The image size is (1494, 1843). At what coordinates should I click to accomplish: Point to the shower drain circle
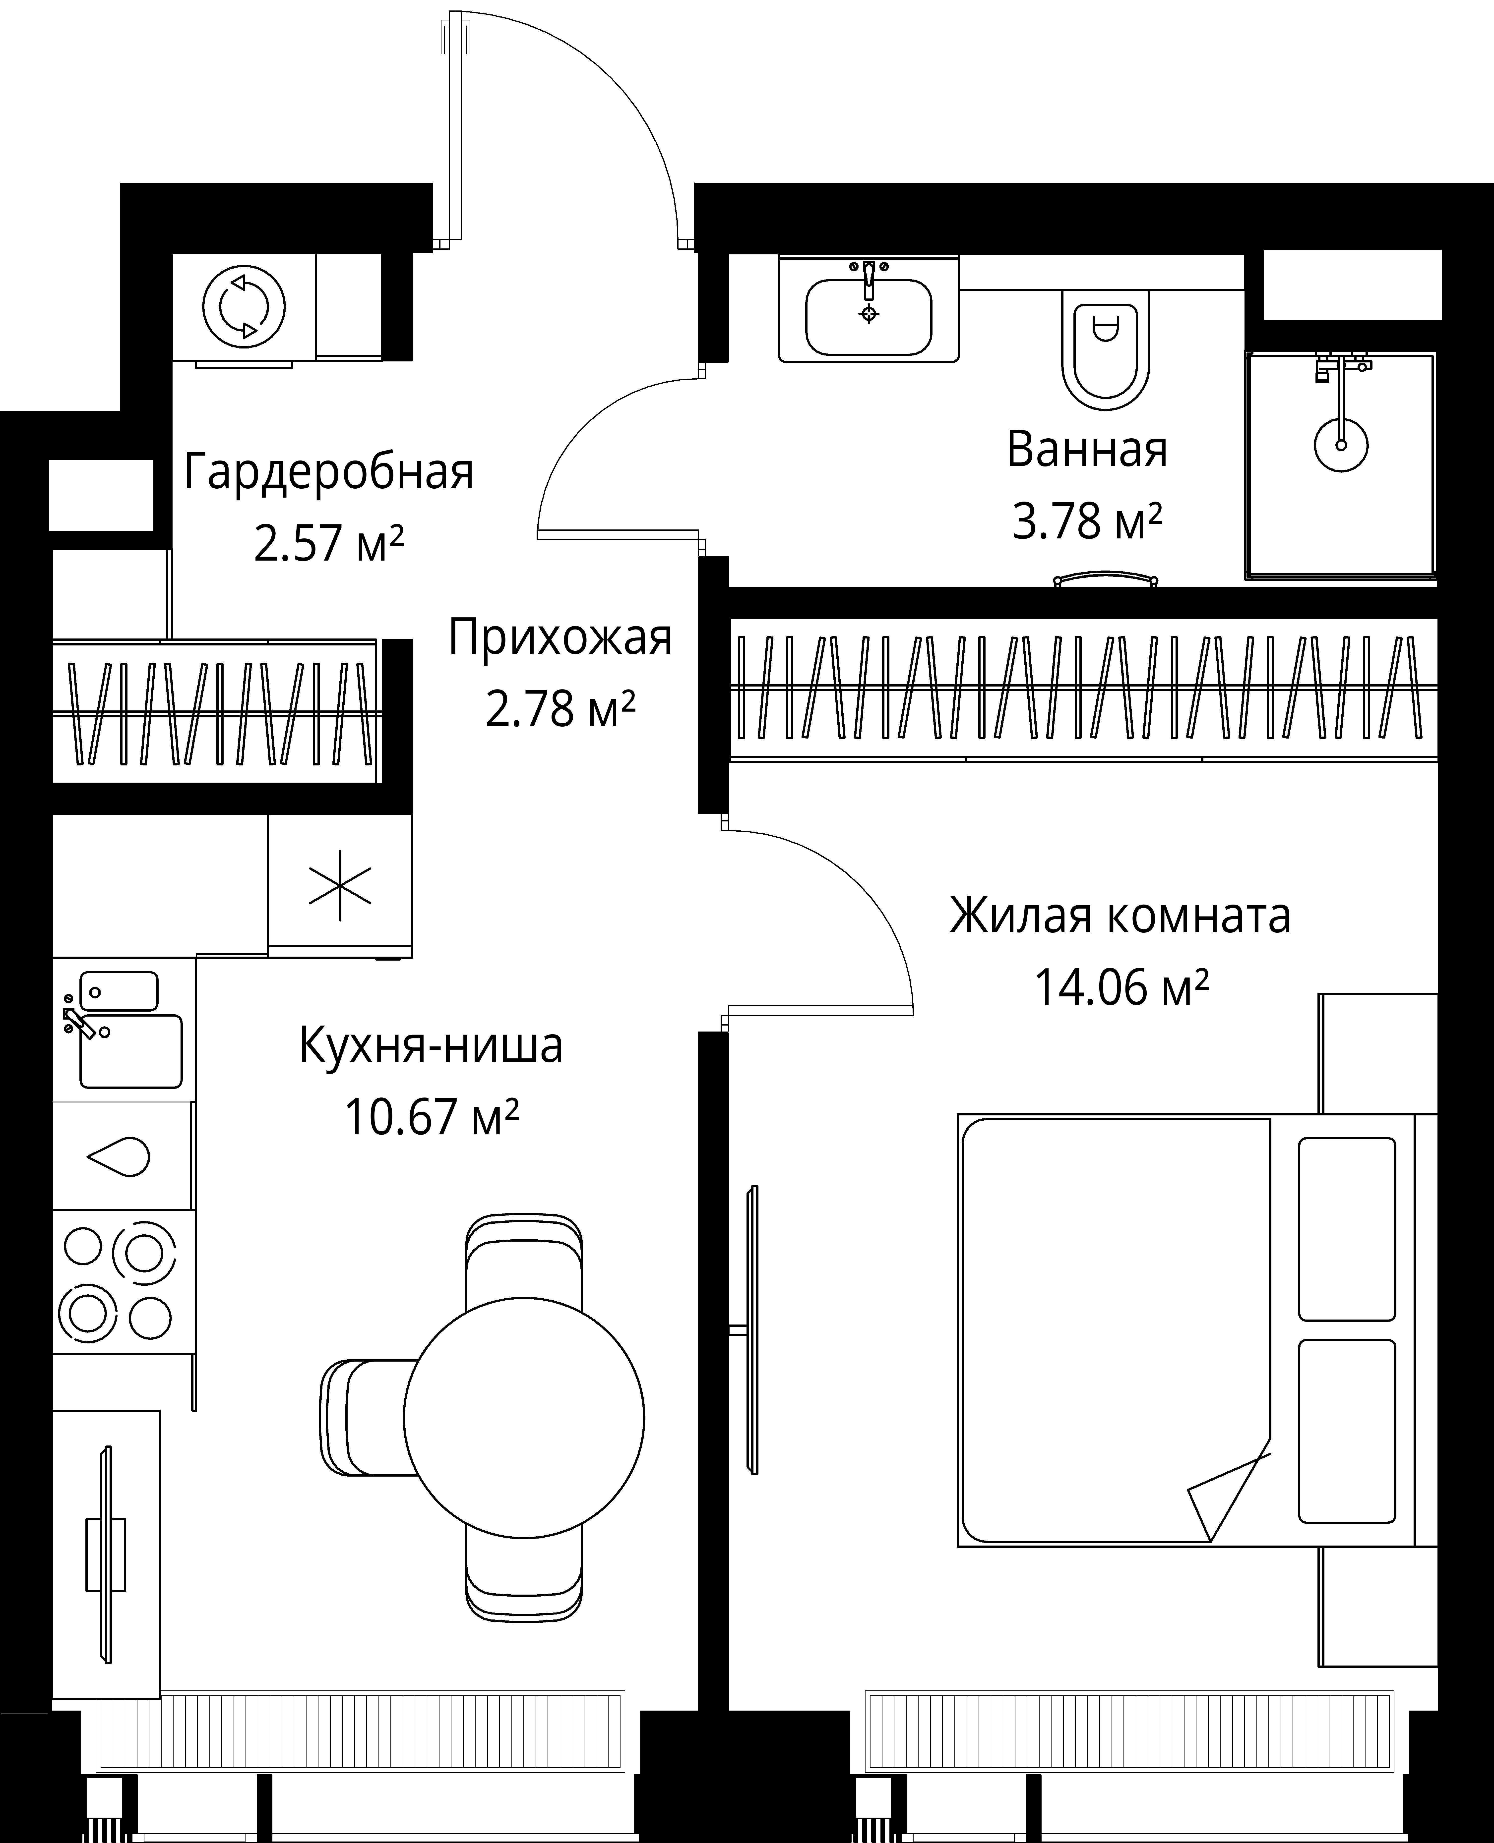tap(1341, 444)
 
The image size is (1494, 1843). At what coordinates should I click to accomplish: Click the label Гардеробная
tap(329, 472)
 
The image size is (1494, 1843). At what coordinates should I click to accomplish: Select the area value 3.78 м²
tap(1087, 521)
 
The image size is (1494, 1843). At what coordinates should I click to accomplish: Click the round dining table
tap(524, 1418)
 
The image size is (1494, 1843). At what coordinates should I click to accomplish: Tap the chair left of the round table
tap(366, 1418)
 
